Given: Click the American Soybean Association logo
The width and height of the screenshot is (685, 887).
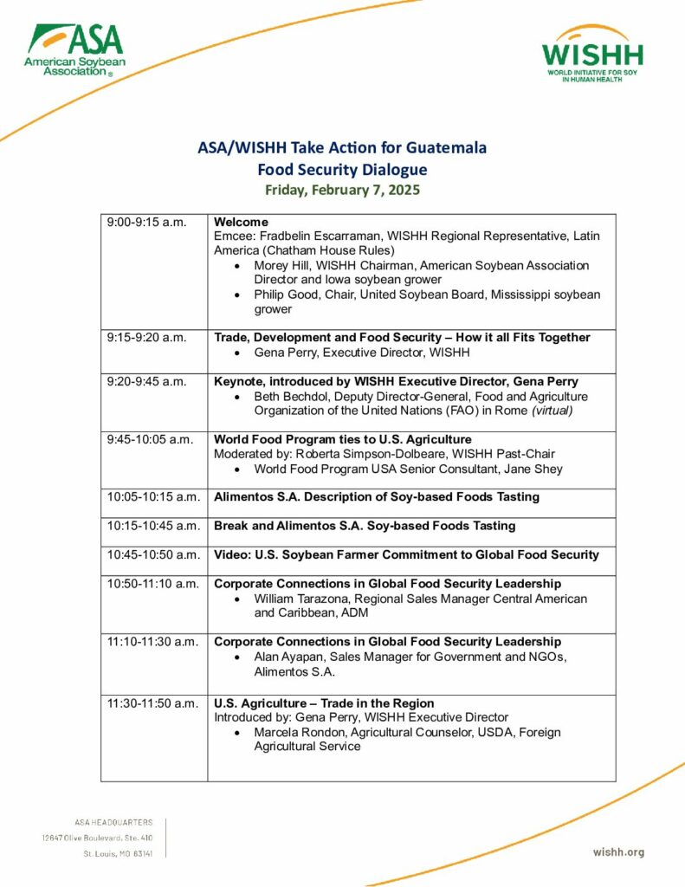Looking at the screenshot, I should [x=74, y=50].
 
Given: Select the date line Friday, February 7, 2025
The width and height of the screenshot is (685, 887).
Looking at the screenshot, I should [x=342, y=191].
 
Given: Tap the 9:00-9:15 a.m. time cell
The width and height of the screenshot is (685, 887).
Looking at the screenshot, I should [x=146, y=223].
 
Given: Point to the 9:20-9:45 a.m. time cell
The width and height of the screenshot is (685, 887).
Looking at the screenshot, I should [x=146, y=382].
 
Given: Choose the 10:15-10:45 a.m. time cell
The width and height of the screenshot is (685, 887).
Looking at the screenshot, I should [x=153, y=526].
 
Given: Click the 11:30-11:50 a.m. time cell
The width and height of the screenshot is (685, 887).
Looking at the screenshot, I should [x=153, y=703].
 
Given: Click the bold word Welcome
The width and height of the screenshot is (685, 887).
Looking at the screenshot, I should [x=241, y=223].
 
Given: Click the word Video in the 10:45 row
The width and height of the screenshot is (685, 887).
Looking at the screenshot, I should [x=231, y=554].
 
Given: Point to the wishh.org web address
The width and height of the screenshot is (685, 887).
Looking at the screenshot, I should [x=618, y=852].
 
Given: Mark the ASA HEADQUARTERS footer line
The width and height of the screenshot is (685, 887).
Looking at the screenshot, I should [x=114, y=822].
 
